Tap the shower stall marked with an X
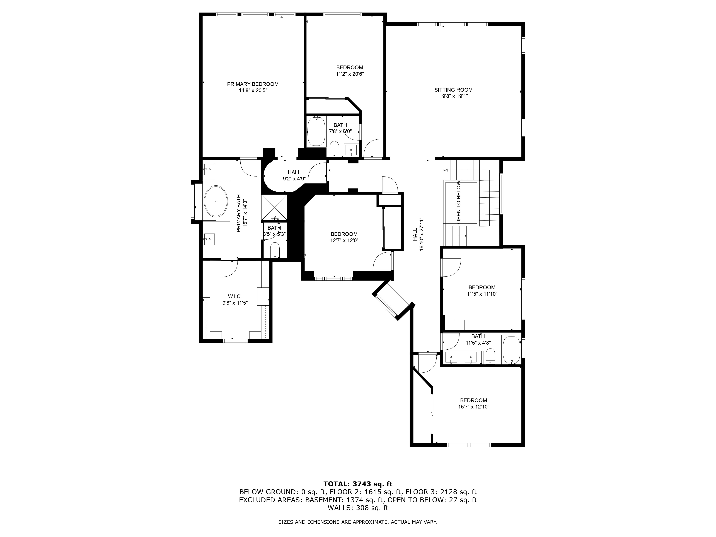pyautogui.click(x=274, y=207)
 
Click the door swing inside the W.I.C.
pyautogui.click(x=229, y=269)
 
